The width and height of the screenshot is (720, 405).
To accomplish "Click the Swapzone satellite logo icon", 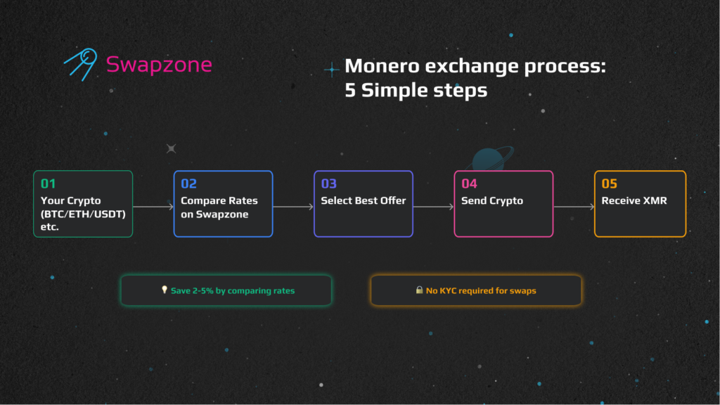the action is point(82,64).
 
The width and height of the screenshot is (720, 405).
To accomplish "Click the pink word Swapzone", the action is point(159,64).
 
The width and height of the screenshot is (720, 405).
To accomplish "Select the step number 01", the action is point(49,184).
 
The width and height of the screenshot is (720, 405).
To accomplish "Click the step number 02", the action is point(188,184).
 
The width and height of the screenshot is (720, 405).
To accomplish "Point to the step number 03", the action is point(329,184).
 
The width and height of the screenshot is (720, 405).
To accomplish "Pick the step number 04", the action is point(469,184).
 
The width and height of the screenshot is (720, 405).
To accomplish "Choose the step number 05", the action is point(610,184).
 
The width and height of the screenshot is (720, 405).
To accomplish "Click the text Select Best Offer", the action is point(364,200).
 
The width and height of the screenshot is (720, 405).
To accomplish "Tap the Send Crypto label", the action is point(491,200).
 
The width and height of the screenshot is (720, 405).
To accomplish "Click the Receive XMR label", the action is point(634,200).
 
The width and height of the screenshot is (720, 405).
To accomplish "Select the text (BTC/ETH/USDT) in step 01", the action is point(83,214).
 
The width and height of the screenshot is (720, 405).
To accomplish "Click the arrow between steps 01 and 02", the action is point(153,207).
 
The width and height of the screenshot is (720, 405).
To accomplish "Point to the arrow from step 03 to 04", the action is point(433,207).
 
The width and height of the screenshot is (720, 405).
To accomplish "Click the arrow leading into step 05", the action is point(574,207).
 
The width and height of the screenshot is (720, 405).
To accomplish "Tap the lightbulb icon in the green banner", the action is point(165,290).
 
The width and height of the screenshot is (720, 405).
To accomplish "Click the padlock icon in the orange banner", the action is point(419,290).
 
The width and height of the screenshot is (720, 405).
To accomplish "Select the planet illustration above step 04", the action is point(490,158).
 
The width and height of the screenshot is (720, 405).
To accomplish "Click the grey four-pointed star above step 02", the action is point(172,148).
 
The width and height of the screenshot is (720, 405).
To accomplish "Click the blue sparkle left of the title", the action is point(332,70).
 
